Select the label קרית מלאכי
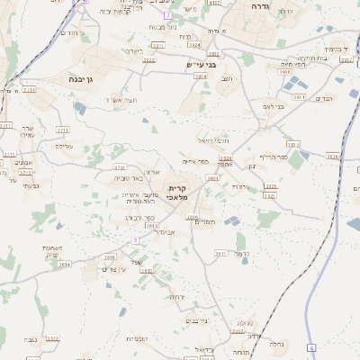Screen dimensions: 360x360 (x=176, y=193)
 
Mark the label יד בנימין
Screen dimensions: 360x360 (x=334, y=49)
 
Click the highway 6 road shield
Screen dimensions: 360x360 (x=311, y=346)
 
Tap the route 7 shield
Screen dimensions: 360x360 (x=167, y=15)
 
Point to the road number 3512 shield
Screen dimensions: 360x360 (x=52, y=338)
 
